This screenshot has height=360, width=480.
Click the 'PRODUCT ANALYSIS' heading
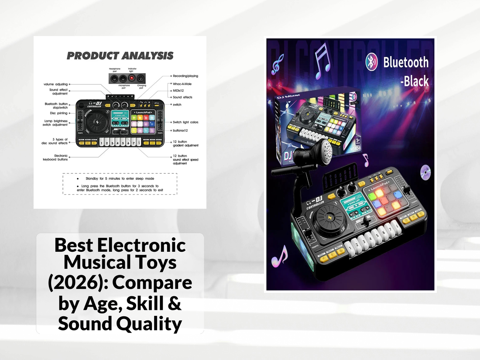point(120,56)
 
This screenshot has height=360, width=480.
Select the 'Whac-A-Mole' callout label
point(182,83)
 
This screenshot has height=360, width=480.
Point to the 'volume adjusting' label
point(55,84)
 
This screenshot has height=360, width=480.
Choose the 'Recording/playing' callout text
point(185,75)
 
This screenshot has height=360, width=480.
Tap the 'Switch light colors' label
point(185,122)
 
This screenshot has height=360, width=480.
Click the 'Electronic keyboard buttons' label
point(55,158)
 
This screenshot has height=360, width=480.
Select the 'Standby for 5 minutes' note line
point(120,179)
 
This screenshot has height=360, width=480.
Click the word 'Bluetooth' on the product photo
point(406,62)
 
